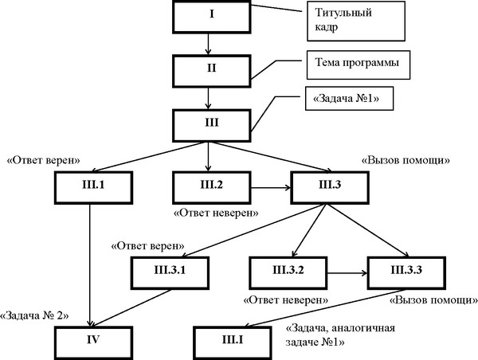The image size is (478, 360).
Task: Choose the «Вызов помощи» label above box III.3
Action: coord(406,159)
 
